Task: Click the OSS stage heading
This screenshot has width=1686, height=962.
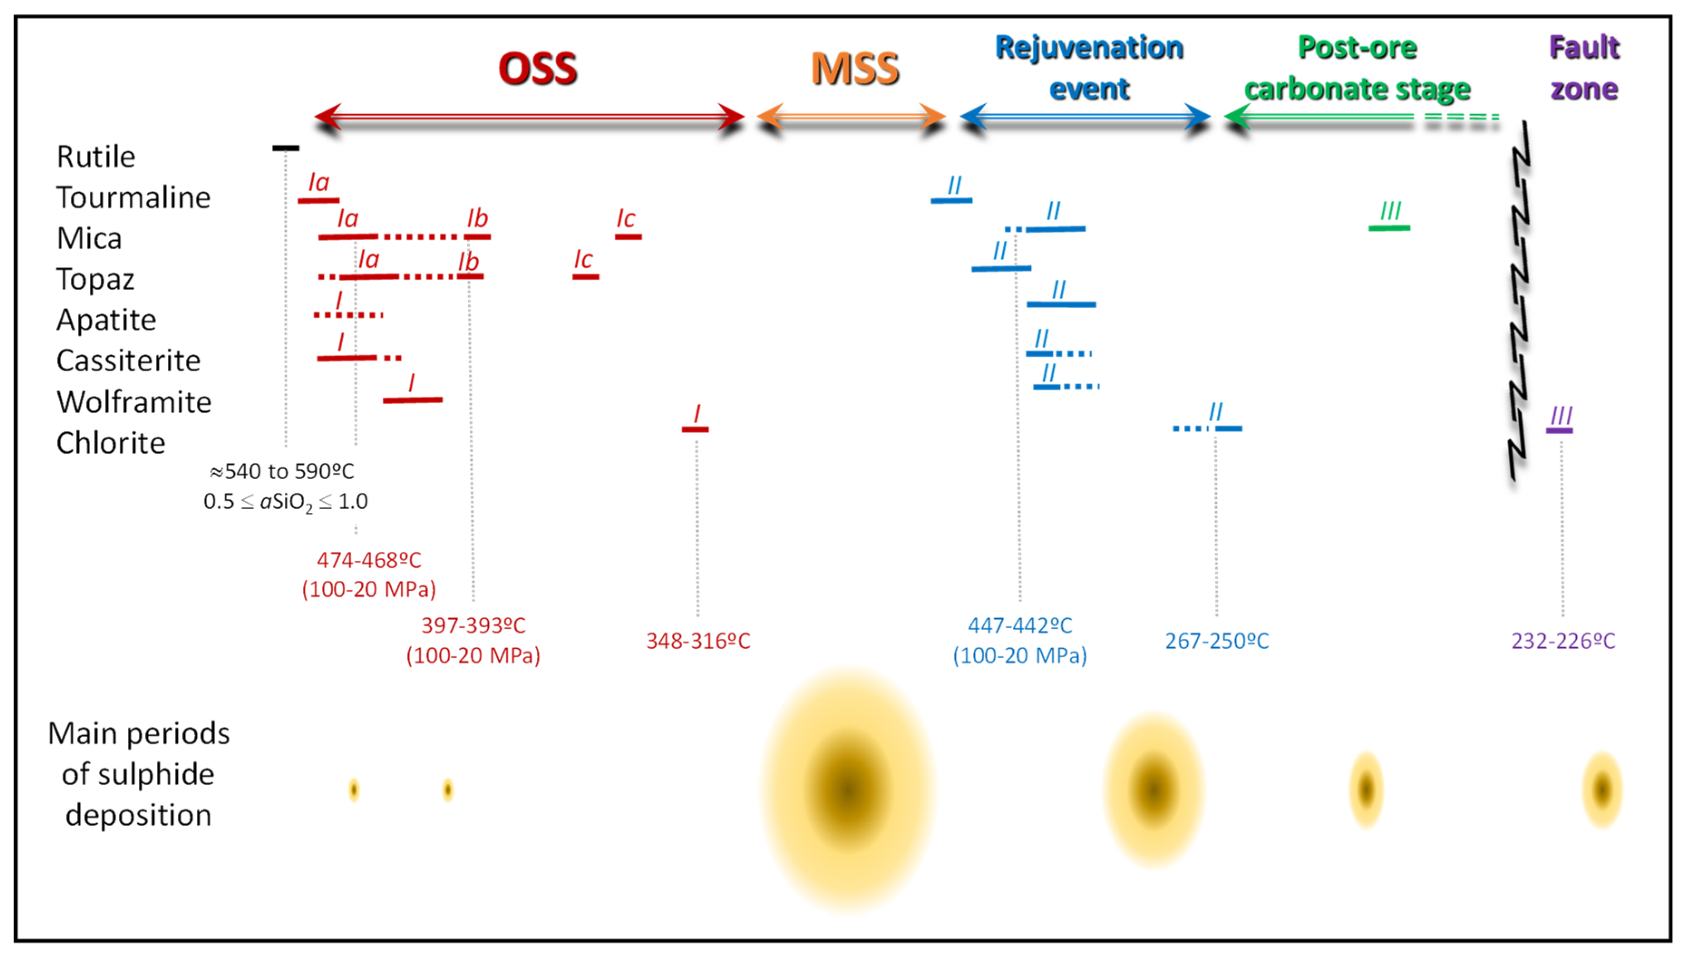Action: [x=537, y=69]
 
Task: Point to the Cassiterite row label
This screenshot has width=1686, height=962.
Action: [x=128, y=361]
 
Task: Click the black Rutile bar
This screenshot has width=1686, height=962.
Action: [x=286, y=148]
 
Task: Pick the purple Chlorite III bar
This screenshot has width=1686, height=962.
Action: [x=1559, y=431]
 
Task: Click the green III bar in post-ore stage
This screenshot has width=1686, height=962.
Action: [x=1389, y=228]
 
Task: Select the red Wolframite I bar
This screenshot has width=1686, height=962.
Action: [x=413, y=400]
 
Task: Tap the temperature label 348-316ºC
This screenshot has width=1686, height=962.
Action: [x=698, y=641]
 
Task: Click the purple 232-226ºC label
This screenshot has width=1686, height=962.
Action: [x=1563, y=641]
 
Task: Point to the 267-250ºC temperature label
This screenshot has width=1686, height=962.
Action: [x=1216, y=641]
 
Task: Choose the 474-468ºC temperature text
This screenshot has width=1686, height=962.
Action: [x=369, y=560]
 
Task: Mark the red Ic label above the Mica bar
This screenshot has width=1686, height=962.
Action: [x=626, y=219]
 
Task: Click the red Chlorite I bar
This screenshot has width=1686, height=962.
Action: [x=695, y=429]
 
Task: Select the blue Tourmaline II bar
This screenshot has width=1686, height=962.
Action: [x=951, y=200]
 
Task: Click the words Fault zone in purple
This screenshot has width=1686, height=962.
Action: [x=1584, y=68]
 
